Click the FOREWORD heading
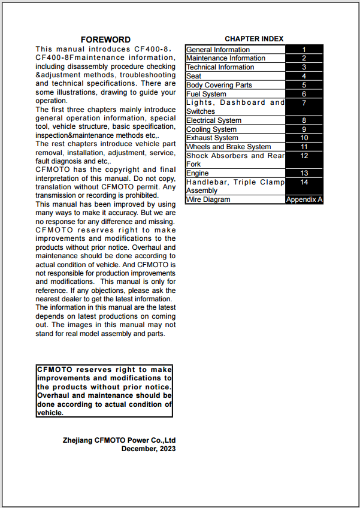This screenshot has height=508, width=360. tap(105, 40)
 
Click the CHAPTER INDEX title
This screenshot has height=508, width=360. tap(254, 39)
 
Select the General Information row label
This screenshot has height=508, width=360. tap(218, 50)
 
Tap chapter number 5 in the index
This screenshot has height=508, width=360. tap(304, 85)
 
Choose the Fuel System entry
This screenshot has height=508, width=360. tap(206, 94)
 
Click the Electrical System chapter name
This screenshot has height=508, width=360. tap(214, 120)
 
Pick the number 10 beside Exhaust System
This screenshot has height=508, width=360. tap(304, 138)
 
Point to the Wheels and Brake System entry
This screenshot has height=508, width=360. tap(228, 147)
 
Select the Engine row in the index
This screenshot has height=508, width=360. tap(198, 173)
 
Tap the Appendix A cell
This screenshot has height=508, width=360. tap(304, 199)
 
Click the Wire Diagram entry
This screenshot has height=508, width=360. tap(208, 199)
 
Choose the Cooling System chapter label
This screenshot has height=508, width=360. tap(211, 129)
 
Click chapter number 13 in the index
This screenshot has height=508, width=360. tap(304, 173)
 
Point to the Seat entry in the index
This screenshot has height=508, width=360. tap(193, 76)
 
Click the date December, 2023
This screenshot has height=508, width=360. tap(149, 449)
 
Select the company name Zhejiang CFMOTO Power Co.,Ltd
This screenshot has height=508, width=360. tap(119, 440)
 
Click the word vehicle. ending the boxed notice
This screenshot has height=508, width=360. tap(50, 413)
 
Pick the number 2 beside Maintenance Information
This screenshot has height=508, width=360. tap(304, 58)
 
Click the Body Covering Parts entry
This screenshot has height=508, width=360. tap(219, 85)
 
